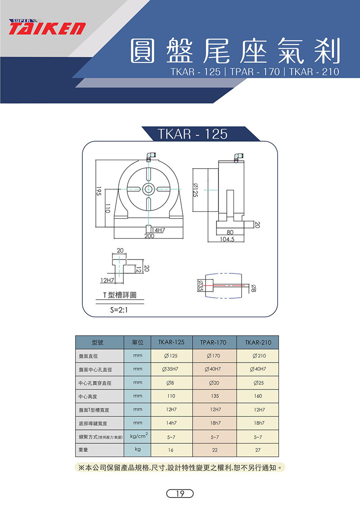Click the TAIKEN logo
pos(47,27)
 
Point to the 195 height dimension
pos(99,191)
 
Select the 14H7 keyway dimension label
pos(158,230)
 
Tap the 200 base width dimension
pos(149,236)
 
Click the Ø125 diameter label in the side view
pos(195,190)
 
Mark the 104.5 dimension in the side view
pos(227,239)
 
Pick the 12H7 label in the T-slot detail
pos(107,280)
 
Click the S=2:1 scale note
pos(119,310)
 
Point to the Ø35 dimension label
pos(200,286)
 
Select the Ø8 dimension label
pos(253,288)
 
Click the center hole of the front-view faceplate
pos(148,189)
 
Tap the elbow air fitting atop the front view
pos(149,156)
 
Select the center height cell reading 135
pos(215,396)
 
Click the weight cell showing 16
pos(171,450)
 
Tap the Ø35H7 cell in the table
pos(171,369)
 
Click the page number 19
pos(180,493)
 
